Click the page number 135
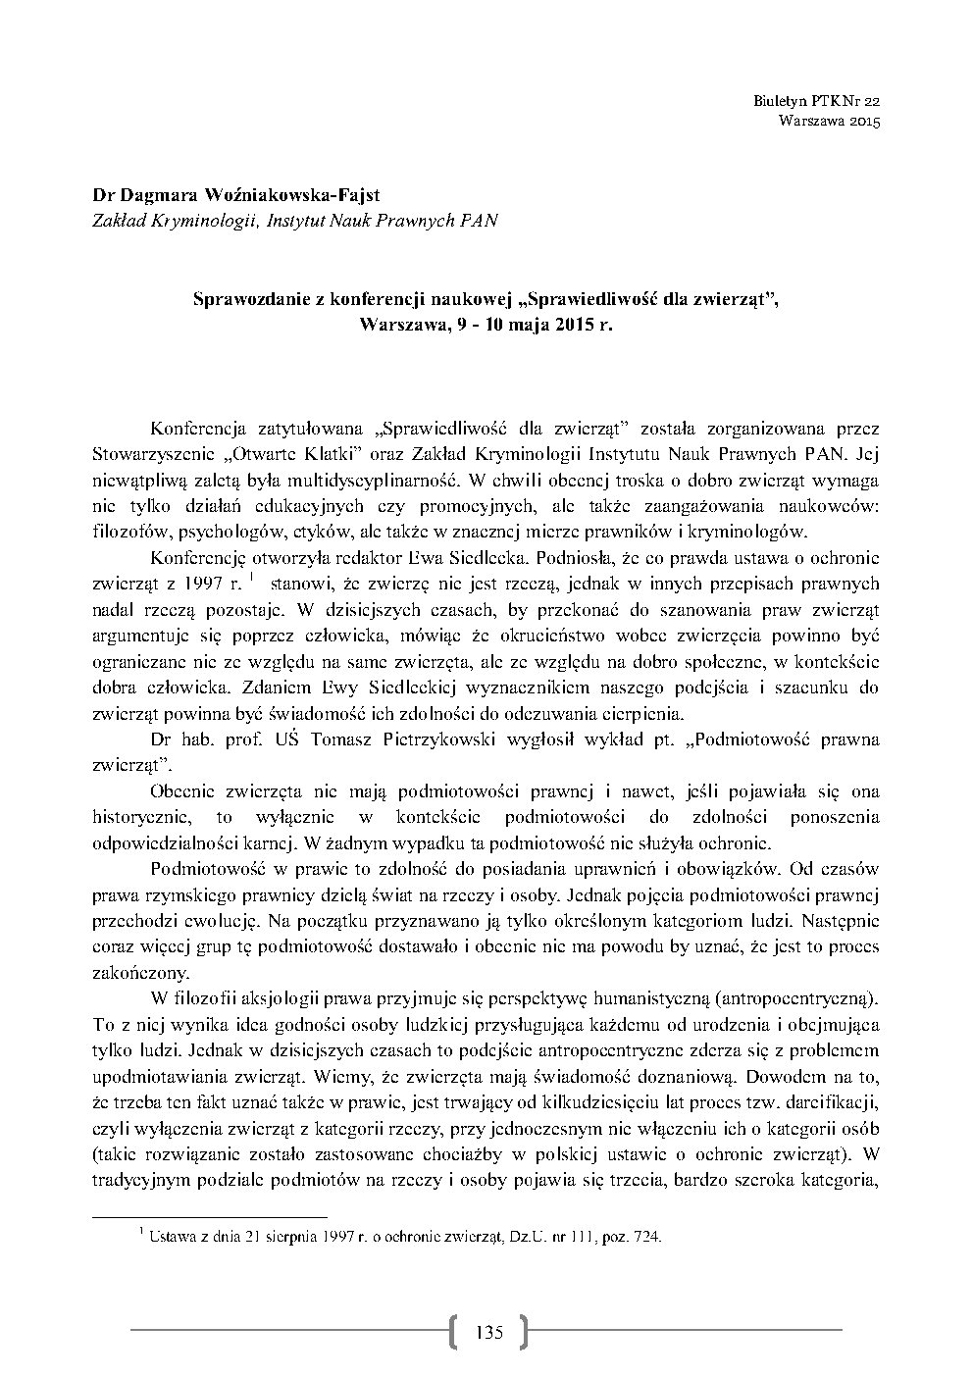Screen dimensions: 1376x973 [x=487, y=1332]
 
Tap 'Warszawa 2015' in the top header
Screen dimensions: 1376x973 [x=830, y=122]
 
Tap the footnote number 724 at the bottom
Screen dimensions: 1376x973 [x=649, y=1237]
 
